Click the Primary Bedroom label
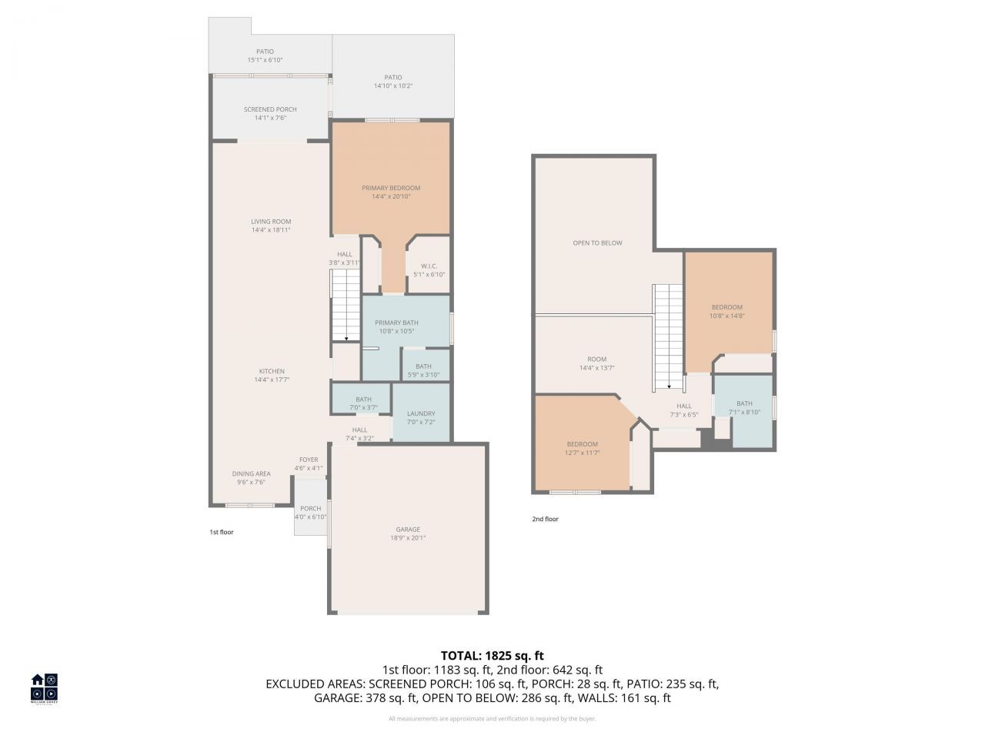point(391,188)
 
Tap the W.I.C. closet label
point(429,266)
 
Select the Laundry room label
point(421,413)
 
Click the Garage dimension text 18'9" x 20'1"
point(408,538)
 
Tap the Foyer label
point(309,460)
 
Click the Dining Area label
point(251,473)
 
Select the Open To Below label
point(597,242)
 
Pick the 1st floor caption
point(222,532)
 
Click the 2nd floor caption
point(545,519)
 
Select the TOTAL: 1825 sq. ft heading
point(492,656)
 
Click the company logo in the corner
point(44,687)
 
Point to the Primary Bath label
point(396,323)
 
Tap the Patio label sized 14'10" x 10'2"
point(393,77)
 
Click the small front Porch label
point(310,508)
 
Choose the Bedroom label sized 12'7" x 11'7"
point(583,444)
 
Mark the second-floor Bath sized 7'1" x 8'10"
point(744,403)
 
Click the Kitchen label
point(272,371)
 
